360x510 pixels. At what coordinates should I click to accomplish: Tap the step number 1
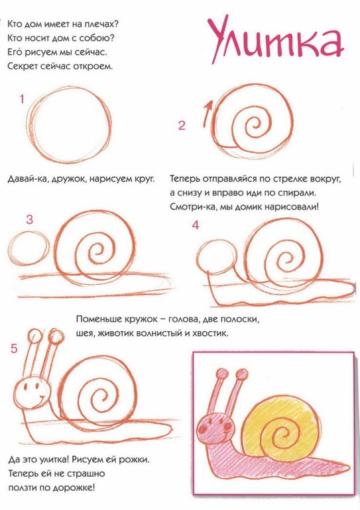coord(22,99)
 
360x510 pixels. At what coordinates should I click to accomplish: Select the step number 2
coord(182,125)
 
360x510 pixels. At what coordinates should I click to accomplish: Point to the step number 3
coord(30,219)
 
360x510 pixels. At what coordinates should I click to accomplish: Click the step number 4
coord(196,225)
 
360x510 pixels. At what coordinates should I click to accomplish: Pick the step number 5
coord(14,348)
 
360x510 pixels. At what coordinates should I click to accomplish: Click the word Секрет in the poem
coord(22,66)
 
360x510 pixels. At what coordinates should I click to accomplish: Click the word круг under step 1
coord(143,179)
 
